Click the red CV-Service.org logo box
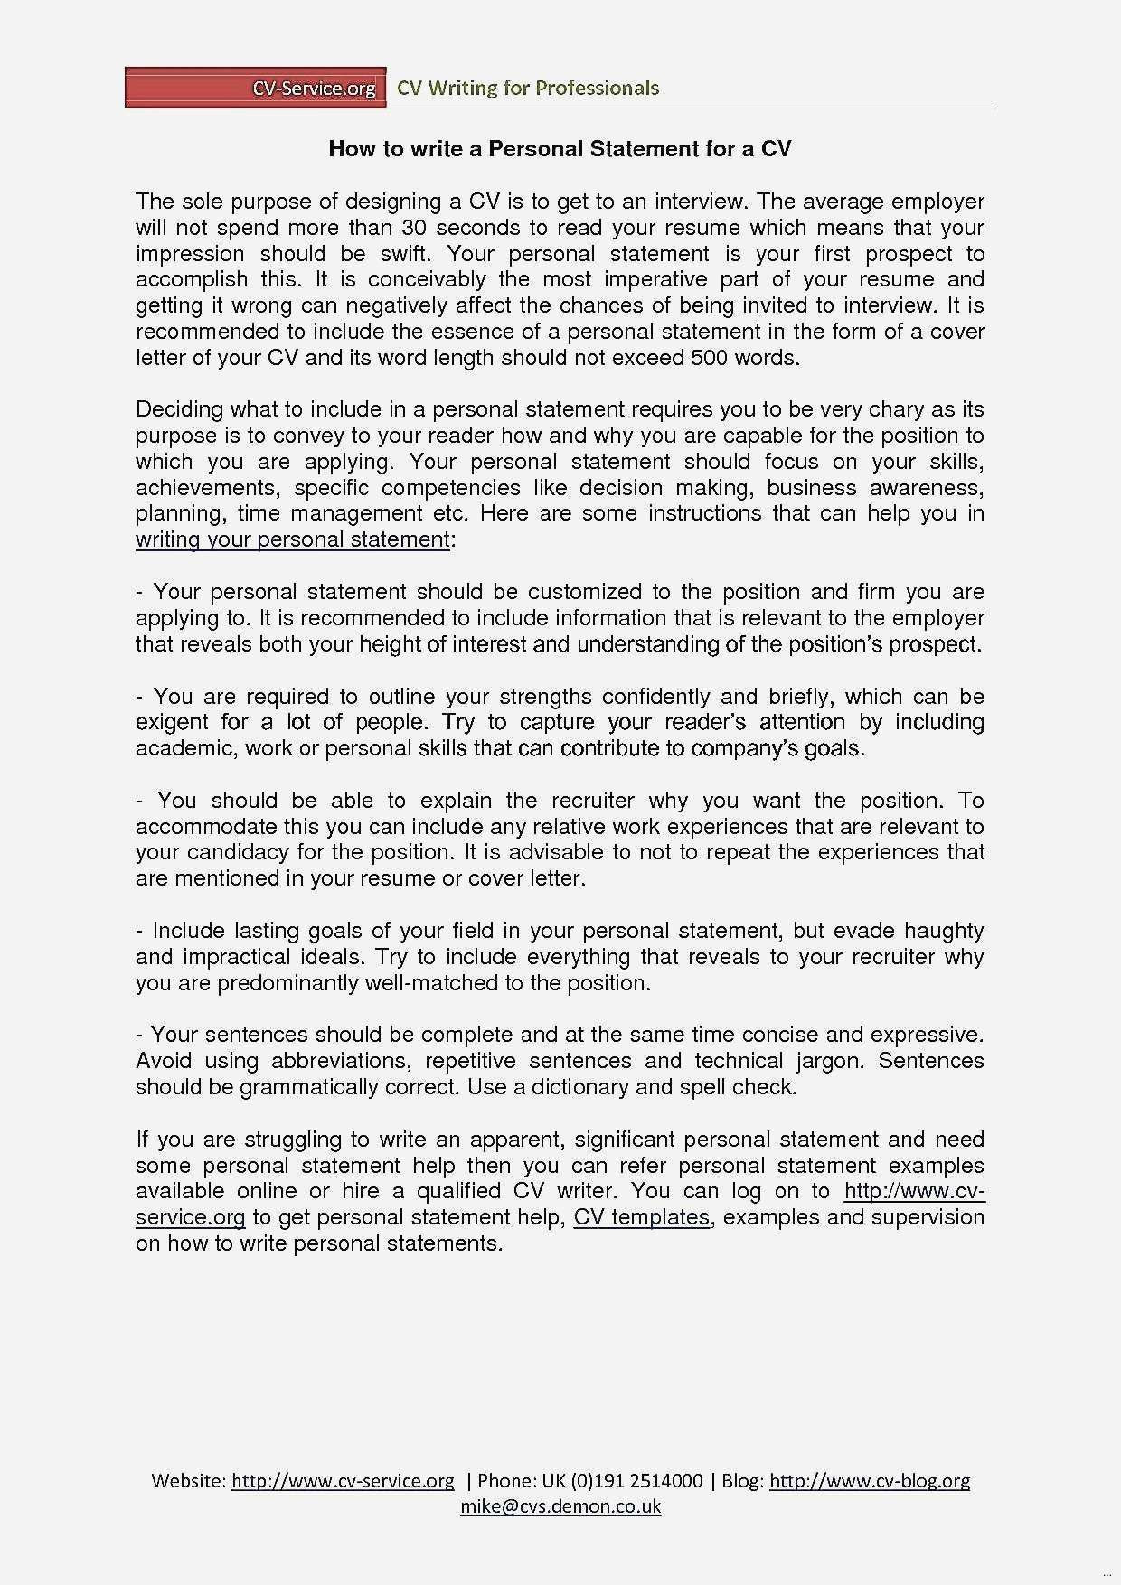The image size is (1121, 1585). point(255,88)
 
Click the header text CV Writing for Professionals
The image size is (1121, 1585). point(528,88)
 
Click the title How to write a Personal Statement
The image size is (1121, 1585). point(560,149)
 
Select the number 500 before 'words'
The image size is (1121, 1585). point(709,358)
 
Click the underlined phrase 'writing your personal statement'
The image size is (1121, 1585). point(292,540)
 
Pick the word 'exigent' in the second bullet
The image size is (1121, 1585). point(171,722)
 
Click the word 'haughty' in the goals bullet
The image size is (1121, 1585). point(944,931)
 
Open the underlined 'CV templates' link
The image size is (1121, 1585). point(641,1217)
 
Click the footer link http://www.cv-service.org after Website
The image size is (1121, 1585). point(343,1481)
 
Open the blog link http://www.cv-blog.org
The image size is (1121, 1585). point(869,1481)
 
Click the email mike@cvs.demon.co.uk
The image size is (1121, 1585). point(560,1506)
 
